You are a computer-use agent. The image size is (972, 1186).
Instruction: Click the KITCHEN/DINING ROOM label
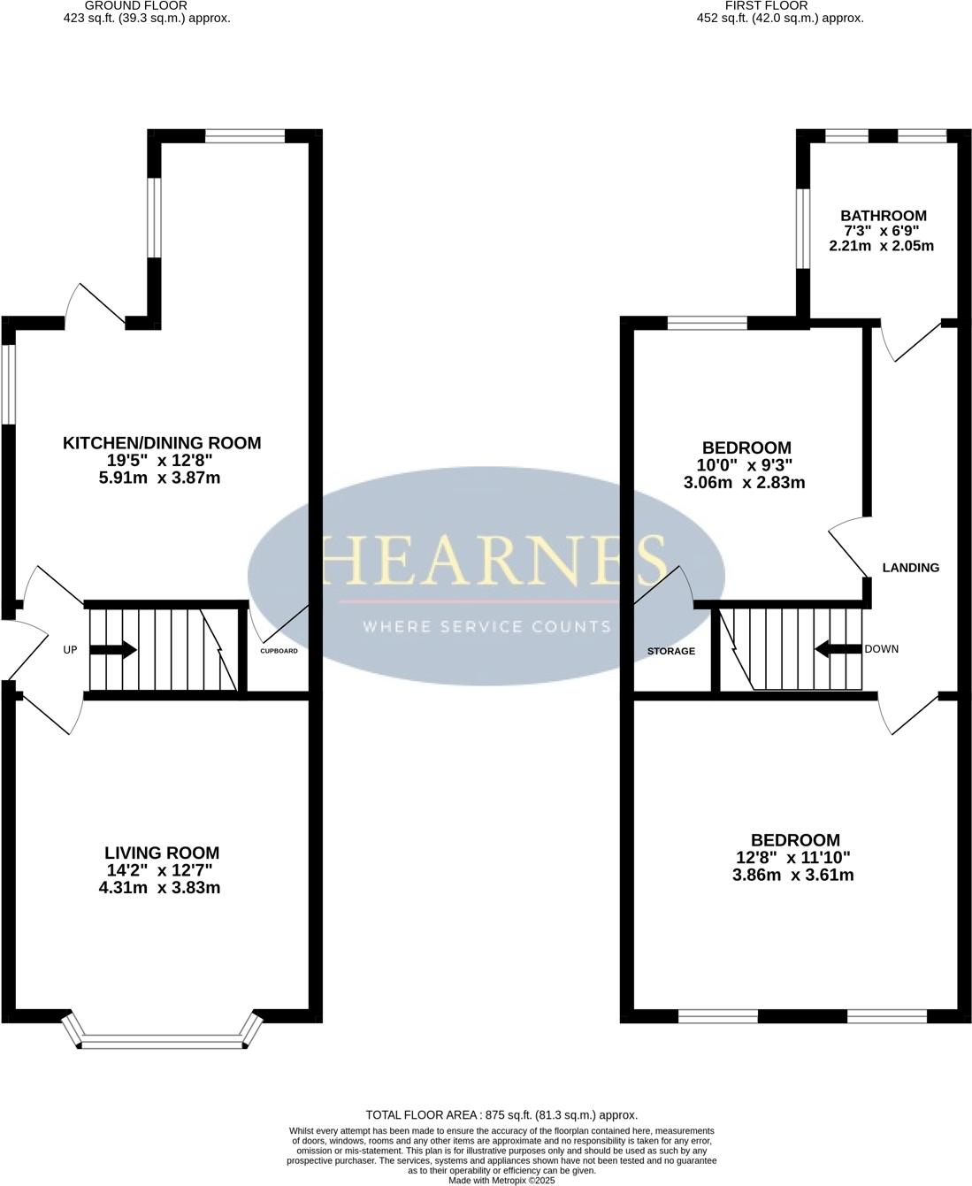coord(162,443)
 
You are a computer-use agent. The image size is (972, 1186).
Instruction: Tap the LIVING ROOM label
coord(162,853)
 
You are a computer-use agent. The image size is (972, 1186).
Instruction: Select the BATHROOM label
coord(883,216)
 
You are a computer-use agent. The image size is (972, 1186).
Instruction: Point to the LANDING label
coord(910,568)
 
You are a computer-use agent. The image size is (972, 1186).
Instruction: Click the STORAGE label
coord(670,651)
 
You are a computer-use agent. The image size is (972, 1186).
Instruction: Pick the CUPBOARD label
coord(279,651)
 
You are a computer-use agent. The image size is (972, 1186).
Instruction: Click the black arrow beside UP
coord(113,650)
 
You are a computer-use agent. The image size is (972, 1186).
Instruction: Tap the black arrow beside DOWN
coord(837,649)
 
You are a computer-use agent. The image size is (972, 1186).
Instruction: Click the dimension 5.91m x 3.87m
coord(161,478)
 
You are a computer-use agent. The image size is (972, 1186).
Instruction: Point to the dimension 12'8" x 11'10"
coord(794,858)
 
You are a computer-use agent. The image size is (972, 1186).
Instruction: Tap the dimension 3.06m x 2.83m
coord(744,483)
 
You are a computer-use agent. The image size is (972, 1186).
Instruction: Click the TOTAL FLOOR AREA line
coord(501,1115)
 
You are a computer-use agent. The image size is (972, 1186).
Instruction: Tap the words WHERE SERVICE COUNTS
coord(487,627)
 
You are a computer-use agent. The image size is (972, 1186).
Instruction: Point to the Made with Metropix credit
coord(501,1180)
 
